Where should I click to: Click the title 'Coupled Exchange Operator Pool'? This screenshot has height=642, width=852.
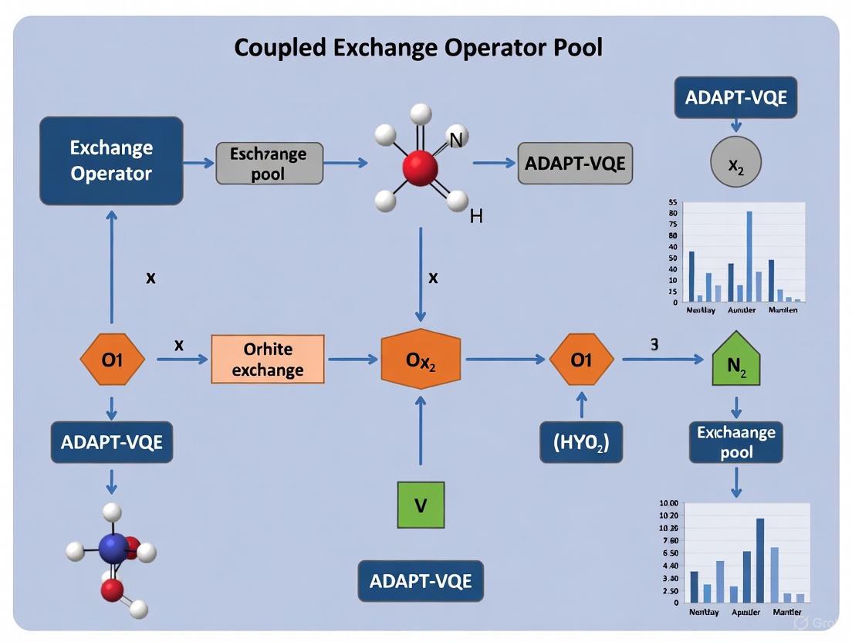(418, 48)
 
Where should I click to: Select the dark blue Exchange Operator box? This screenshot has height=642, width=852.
(111, 160)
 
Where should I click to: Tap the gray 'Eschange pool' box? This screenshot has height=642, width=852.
(268, 163)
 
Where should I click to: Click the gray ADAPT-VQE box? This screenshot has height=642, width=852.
(575, 163)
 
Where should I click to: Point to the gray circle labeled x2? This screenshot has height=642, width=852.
(735, 163)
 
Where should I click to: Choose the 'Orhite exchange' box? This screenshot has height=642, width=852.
(268, 360)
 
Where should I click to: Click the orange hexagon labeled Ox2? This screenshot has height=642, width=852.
(421, 360)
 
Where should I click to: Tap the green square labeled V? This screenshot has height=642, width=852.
(421, 505)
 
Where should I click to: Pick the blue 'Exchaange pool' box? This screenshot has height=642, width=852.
(735, 441)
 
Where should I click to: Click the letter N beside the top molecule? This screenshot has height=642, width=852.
(455, 140)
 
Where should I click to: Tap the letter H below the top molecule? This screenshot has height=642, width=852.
(475, 217)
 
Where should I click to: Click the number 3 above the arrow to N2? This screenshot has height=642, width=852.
(654, 345)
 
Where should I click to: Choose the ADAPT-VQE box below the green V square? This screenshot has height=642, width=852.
(421, 581)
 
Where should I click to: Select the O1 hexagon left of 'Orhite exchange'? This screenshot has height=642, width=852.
(113, 360)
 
